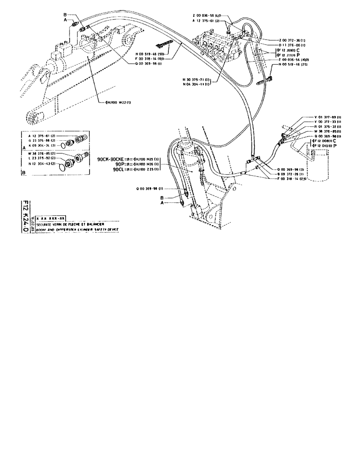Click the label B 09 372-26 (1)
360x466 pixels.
click(291, 173)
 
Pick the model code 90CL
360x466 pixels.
click(120, 170)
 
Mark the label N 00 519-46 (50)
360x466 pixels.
click(149, 55)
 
